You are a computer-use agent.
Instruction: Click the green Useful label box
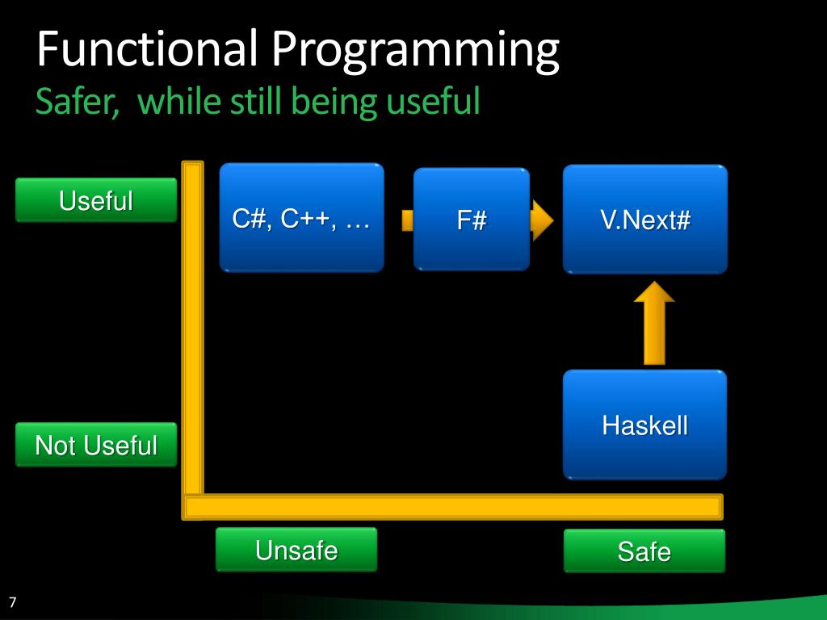(x=95, y=200)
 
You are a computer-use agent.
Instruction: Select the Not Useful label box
(x=95, y=445)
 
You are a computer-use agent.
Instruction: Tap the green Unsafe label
(x=296, y=551)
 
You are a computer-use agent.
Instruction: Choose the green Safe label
(x=644, y=551)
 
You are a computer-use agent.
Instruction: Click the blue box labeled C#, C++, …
(x=301, y=218)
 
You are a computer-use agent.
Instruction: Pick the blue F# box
(x=471, y=220)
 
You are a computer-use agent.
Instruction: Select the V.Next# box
(x=644, y=219)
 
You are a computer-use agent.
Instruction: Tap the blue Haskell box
(x=644, y=425)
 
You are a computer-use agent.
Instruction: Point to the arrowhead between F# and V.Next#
(x=541, y=220)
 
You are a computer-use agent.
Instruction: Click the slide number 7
(x=13, y=602)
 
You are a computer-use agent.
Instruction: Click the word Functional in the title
(x=147, y=48)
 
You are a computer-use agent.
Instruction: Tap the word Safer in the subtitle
(x=78, y=102)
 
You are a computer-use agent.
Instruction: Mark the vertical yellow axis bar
(x=192, y=331)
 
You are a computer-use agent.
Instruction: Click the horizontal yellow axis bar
(x=452, y=507)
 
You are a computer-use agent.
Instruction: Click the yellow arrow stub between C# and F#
(x=406, y=220)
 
